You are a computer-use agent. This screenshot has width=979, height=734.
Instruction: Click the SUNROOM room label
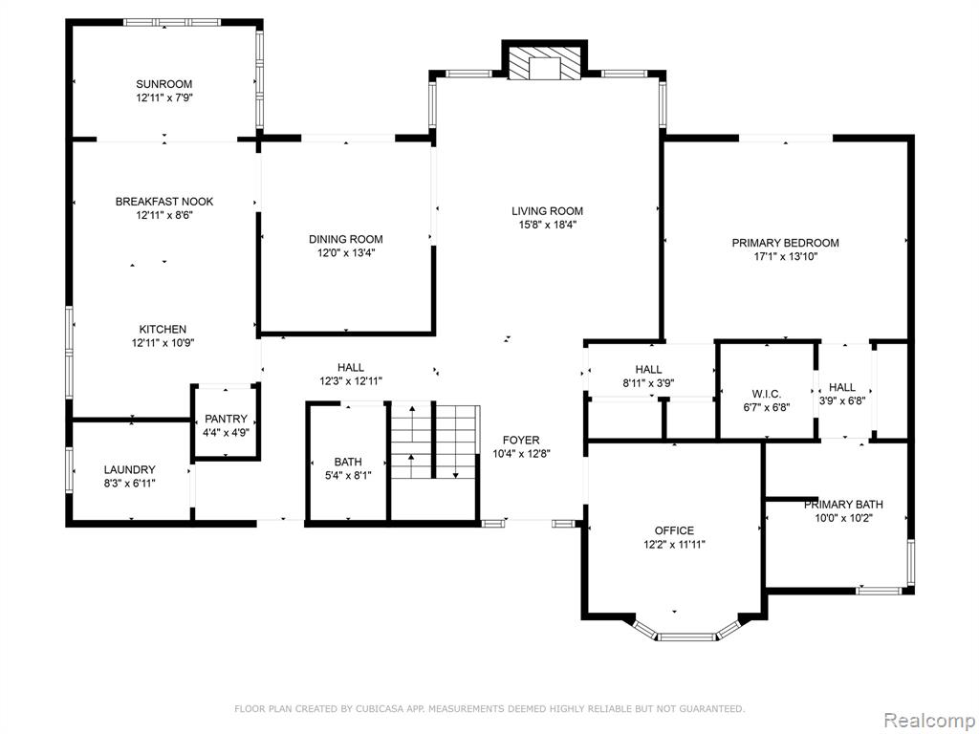[164, 84]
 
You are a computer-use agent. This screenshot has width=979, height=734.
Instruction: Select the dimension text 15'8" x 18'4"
[547, 225]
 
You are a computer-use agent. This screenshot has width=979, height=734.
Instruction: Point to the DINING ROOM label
[345, 239]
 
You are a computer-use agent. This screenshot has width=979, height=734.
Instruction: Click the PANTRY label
[226, 419]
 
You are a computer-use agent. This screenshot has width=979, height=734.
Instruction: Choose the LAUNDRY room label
[129, 470]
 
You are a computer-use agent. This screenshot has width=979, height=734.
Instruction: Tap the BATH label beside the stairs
[348, 462]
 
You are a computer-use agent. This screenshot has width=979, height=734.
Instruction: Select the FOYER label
[521, 441]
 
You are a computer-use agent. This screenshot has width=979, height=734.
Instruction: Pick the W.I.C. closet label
[766, 394]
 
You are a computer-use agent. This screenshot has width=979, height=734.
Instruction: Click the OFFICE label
[674, 530]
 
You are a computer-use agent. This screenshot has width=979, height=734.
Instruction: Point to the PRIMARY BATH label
[843, 505]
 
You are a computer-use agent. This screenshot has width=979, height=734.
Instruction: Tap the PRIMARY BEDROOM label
[786, 243]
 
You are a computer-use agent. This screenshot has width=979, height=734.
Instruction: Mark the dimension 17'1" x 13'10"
[786, 256]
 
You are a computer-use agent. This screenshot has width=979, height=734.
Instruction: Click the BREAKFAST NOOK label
[164, 202]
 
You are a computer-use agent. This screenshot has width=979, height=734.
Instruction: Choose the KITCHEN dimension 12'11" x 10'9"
[163, 343]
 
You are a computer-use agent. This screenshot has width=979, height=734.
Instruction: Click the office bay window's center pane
[686, 637]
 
